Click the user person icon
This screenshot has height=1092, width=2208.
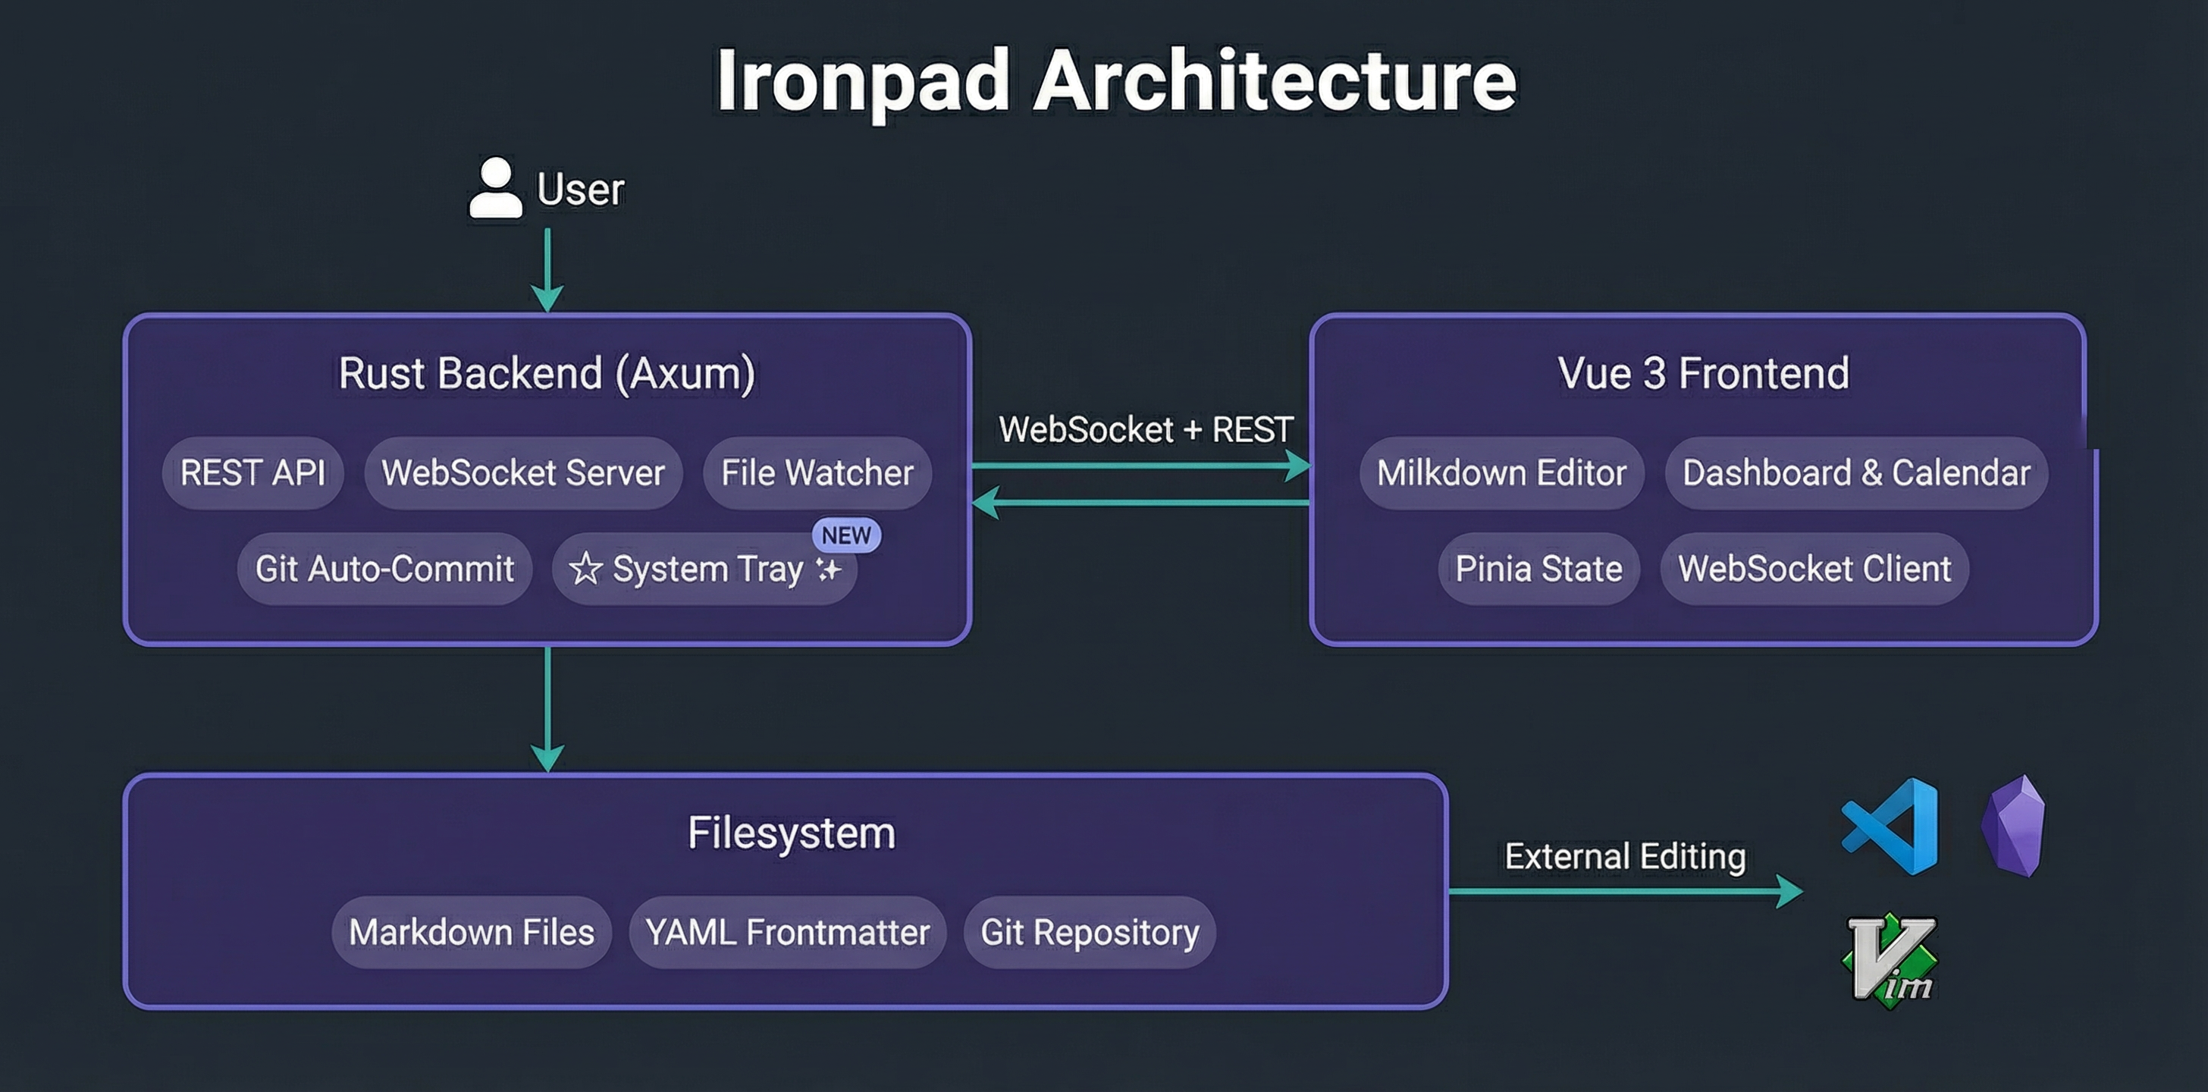point(495,188)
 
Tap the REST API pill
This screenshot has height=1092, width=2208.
point(252,473)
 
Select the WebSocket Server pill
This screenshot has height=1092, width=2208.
point(523,473)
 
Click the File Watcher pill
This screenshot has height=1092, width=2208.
point(817,473)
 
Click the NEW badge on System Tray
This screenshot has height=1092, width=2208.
point(846,535)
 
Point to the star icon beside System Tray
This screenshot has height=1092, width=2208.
point(585,568)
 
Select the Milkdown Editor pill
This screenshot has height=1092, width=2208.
point(1501,473)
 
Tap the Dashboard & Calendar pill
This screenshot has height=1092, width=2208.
point(1855,473)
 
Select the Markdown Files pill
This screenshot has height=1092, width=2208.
point(472,933)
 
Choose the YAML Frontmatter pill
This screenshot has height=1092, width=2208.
point(787,933)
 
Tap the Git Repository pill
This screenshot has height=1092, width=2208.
point(1090,933)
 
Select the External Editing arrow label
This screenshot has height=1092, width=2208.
point(1625,856)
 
